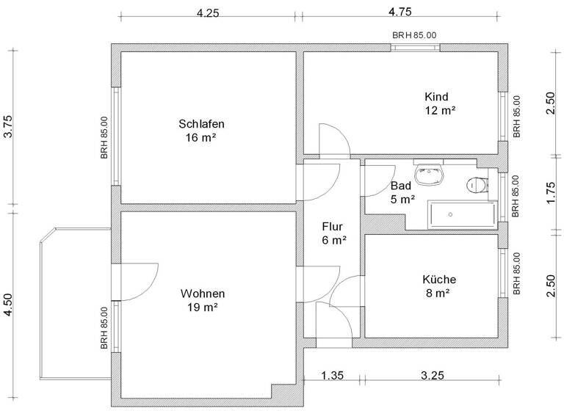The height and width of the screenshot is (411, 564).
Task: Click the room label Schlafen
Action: [200, 123]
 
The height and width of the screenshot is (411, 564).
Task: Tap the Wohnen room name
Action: [202, 293]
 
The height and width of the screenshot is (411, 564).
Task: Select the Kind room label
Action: [436, 97]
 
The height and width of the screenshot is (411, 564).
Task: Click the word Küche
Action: [439, 279]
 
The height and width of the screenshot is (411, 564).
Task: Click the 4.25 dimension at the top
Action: [208, 12]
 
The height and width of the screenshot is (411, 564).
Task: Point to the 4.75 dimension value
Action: [400, 12]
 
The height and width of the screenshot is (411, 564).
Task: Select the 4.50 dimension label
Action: [9, 304]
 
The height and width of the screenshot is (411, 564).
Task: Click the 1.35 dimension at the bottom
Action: [333, 377]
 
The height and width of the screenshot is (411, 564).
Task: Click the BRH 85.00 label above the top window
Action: [414, 34]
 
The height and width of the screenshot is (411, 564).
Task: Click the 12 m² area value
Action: [440, 111]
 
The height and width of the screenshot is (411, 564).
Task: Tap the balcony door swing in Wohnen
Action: [140, 283]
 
